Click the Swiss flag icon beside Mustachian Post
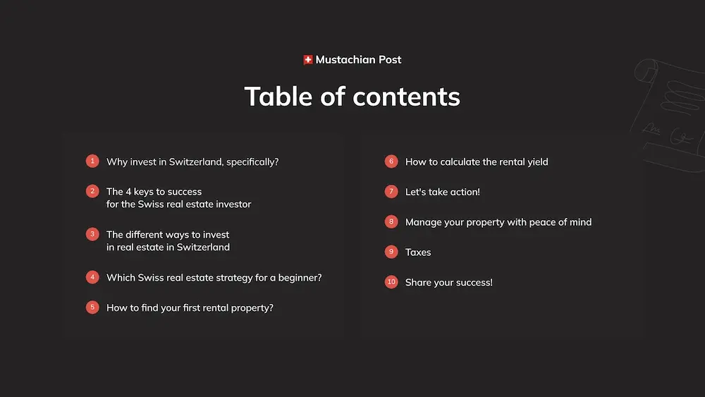click(308, 60)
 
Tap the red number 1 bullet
click(92, 161)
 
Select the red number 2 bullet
click(92, 191)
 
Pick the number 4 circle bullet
click(92, 277)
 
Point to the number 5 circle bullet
click(92, 307)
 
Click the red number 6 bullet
click(391, 161)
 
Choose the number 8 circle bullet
click(391, 221)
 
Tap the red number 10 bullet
click(391, 282)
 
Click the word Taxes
click(418, 252)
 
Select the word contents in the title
click(407, 97)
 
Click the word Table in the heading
click(278, 96)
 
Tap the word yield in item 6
click(537, 162)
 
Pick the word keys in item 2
click(143, 192)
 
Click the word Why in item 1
click(117, 162)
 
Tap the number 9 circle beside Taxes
click(391, 252)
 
